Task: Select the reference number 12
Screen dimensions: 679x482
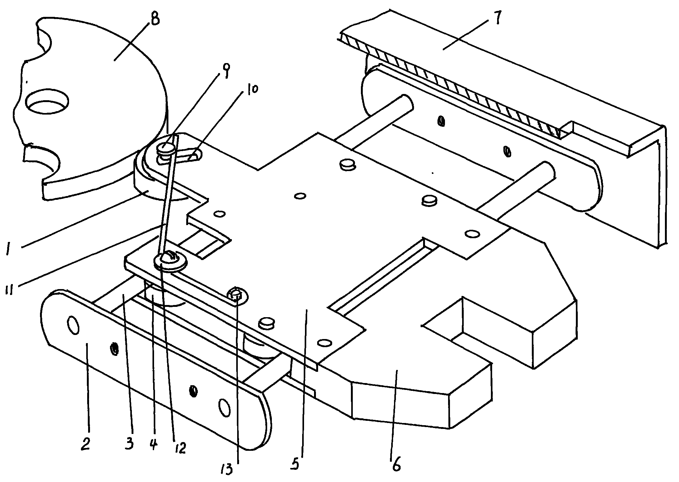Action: coord(180,449)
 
